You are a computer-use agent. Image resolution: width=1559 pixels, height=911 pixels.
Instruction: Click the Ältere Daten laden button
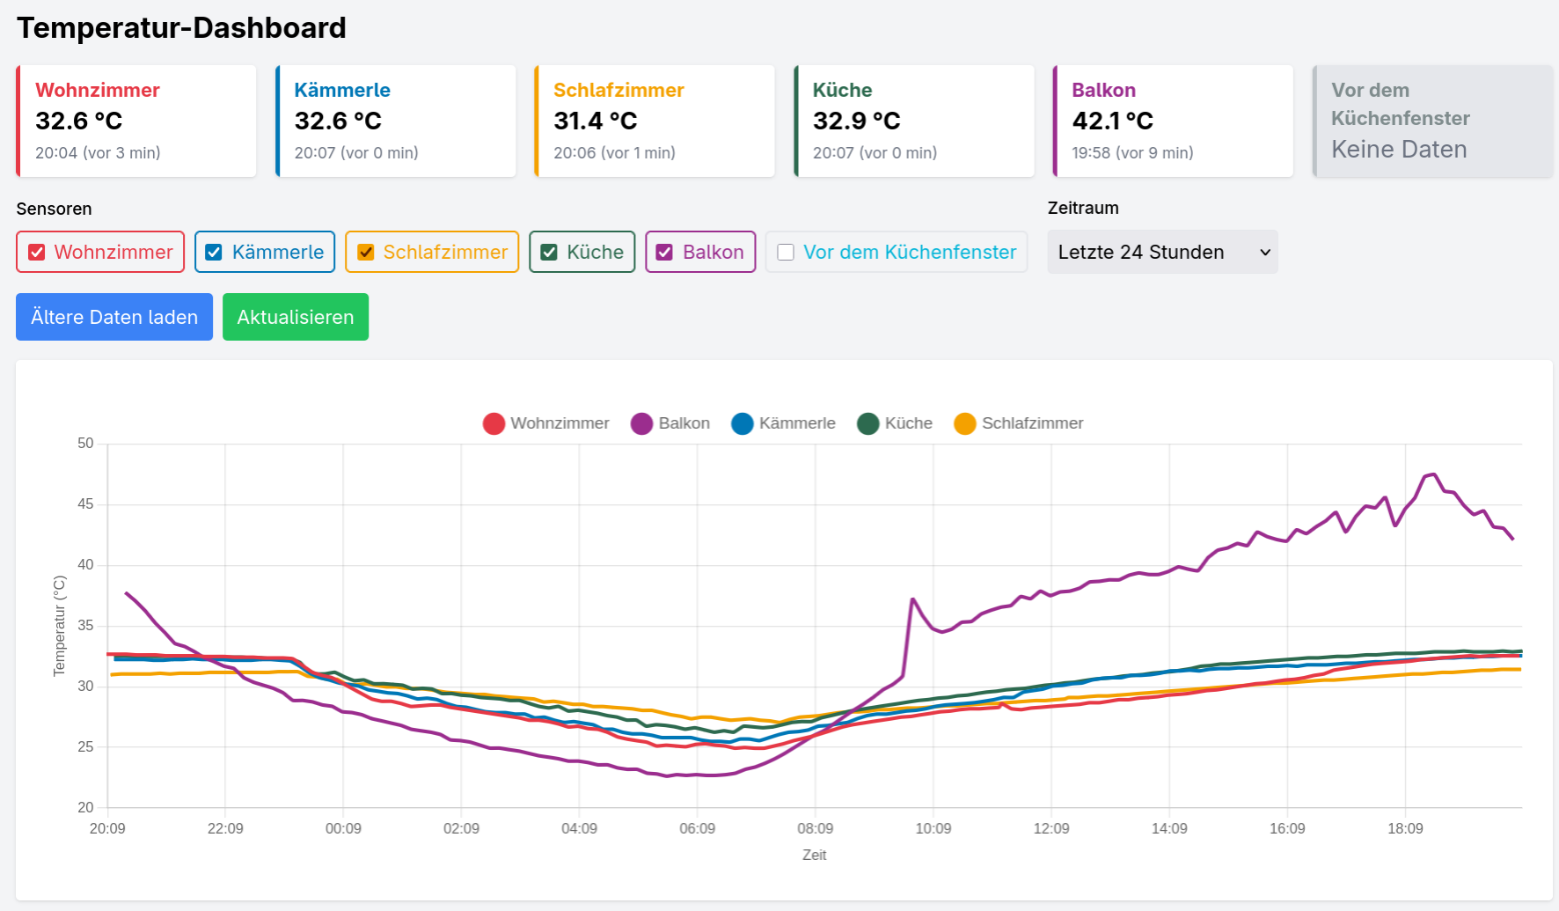[114, 317]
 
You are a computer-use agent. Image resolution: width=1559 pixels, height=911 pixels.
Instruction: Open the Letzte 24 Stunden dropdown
[1162, 252]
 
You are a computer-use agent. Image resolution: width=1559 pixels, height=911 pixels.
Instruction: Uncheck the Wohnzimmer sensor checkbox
[37, 253]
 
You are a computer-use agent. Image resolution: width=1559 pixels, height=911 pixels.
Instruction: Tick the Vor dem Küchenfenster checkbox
[786, 253]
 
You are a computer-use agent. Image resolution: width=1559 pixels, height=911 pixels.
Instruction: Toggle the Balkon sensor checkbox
[665, 253]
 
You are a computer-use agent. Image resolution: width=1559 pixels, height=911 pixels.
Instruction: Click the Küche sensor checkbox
[549, 253]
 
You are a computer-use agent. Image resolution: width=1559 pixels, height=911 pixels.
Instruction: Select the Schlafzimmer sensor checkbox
[366, 253]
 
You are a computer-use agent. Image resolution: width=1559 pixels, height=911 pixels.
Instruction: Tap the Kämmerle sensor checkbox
[214, 253]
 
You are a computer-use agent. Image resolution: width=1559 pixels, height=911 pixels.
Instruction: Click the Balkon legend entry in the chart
[670, 423]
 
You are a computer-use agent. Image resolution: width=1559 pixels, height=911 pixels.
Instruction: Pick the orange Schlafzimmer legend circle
[965, 423]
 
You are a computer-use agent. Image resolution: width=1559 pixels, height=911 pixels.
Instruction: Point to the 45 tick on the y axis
[85, 504]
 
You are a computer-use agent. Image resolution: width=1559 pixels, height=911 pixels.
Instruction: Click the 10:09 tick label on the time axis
[933, 828]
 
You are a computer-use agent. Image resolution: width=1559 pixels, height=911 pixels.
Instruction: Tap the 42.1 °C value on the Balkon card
[1112, 121]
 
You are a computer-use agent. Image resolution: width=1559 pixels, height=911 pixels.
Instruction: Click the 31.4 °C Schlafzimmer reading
[595, 121]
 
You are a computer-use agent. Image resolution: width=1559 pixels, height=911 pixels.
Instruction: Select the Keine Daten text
[1399, 150]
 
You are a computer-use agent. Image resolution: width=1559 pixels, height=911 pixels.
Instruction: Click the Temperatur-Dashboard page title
[181, 28]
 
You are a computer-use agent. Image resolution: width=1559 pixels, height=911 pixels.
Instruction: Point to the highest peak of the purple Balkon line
[1433, 474]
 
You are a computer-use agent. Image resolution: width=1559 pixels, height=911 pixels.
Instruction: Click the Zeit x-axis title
[815, 855]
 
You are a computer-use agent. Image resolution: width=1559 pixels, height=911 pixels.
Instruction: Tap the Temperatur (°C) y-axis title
[60, 626]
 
